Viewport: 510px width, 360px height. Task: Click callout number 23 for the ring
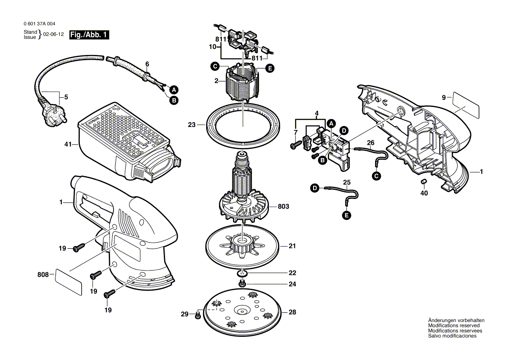click(191, 125)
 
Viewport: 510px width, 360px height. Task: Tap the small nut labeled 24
click(241, 284)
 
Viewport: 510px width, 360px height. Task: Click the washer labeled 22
click(241, 274)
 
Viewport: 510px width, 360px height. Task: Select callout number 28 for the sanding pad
click(292, 312)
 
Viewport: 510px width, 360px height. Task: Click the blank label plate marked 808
click(68, 283)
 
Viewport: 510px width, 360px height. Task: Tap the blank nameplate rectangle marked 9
click(466, 103)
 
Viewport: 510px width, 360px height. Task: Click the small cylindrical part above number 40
click(423, 181)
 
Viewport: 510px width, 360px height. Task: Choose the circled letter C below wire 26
click(376, 176)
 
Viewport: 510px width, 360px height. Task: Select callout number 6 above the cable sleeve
click(147, 64)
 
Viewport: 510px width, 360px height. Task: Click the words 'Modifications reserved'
click(454, 326)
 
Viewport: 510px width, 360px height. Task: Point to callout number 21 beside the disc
click(292, 246)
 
